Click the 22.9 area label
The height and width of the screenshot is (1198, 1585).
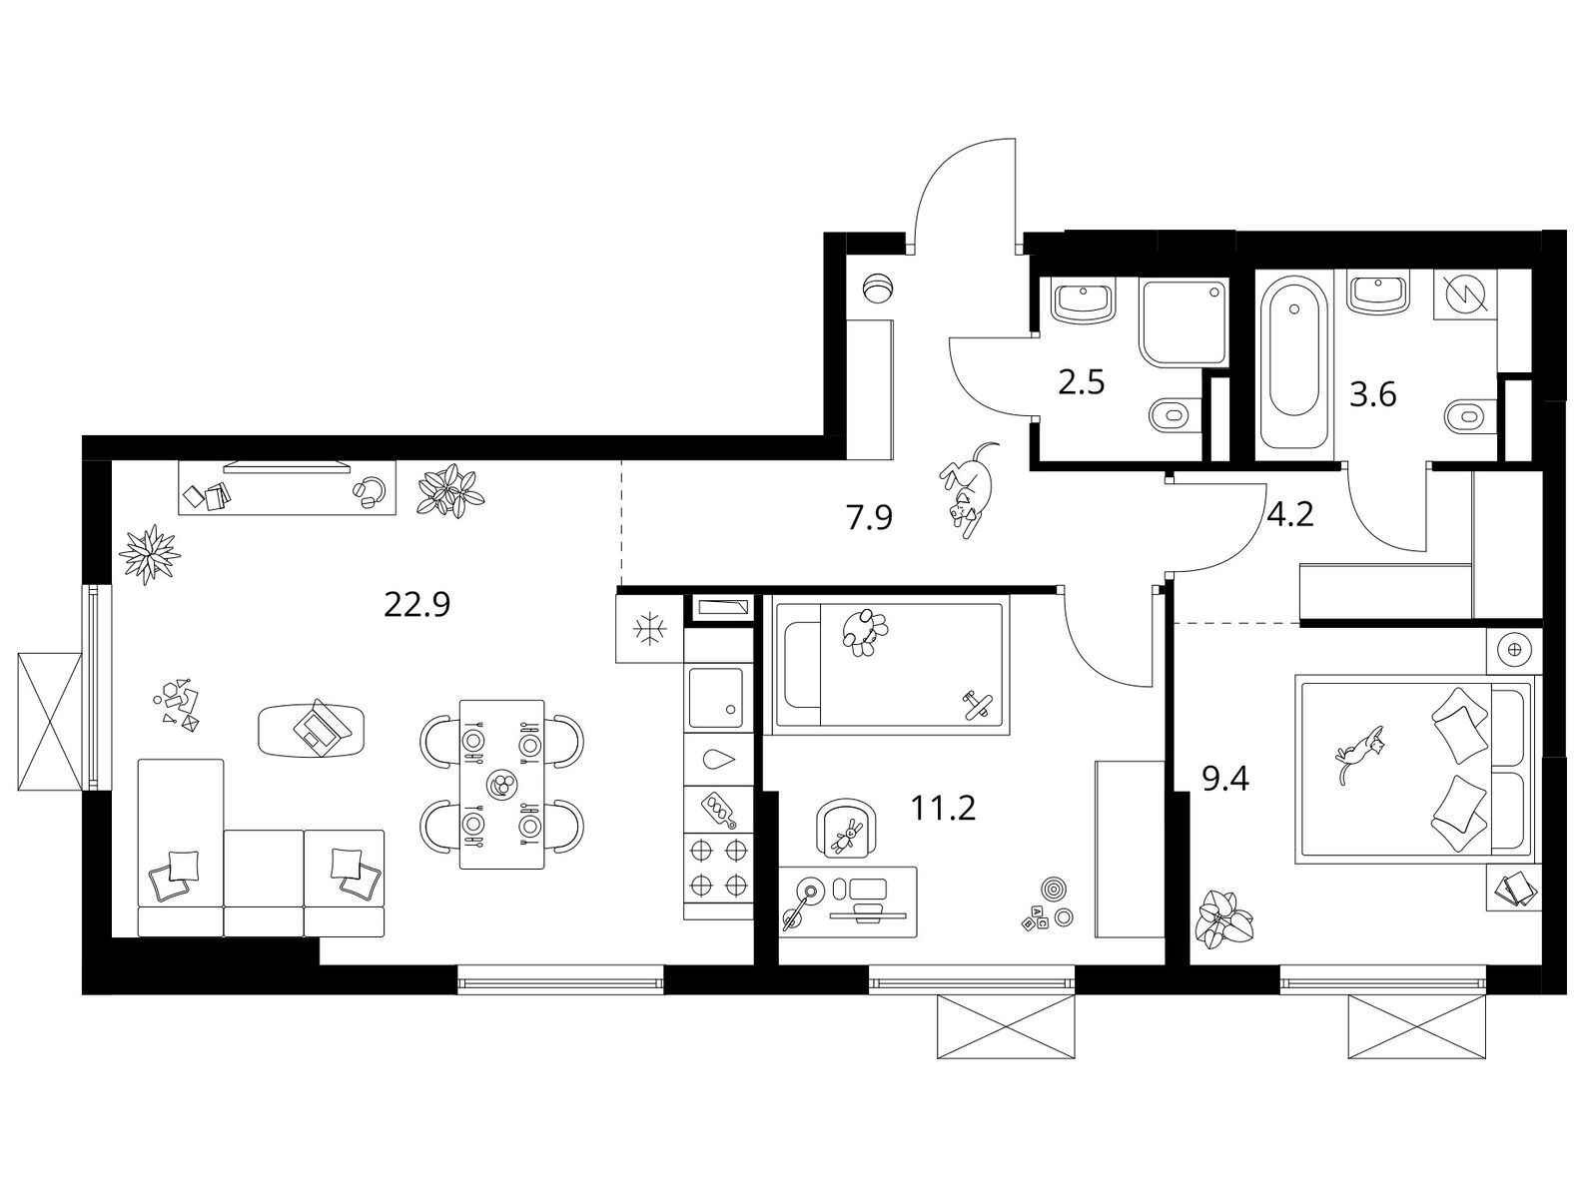[x=416, y=604]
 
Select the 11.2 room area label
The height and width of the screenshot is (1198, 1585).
[x=943, y=808]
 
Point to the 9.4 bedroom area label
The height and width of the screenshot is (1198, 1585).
[x=1225, y=780]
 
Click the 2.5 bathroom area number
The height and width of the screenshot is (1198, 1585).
[x=1081, y=382]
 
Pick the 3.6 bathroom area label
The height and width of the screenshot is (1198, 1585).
[x=1372, y=395]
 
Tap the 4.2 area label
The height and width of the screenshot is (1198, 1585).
[x=1290, y=515]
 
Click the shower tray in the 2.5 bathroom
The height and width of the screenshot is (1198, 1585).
[x=1184, y=324]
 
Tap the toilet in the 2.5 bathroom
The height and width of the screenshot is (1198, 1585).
[x=1175, y=416]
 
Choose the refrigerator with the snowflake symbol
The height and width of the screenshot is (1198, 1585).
[x=649, y=629]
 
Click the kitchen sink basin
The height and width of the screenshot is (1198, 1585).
[x=715, y=697]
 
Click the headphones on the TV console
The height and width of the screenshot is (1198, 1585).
[x=369, y=493]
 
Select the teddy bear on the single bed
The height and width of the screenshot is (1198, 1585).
[x=863, y=632]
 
